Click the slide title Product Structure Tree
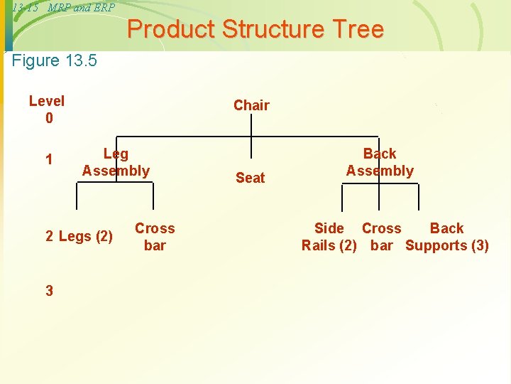coord(255,30)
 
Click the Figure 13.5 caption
coord(55,60)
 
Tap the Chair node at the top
coord(251,105)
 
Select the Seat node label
coord(250,178)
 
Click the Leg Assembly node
coord(116,162)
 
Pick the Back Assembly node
coord(380,162)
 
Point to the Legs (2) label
coord(85,237)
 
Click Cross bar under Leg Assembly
coord(155,237)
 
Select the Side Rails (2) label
coord(329,237)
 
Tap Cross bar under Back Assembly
coord(382,237)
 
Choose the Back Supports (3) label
coord(447,237)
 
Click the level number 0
coord(49,118)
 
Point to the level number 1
coord(49,159)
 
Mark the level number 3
coord(49,290)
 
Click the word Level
coord(47,101)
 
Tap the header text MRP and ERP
coord(81,7)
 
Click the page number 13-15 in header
coord(25,7)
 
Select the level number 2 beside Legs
coord(50,237)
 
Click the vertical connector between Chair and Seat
coord(251,142)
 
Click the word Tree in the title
coord(358,30)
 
